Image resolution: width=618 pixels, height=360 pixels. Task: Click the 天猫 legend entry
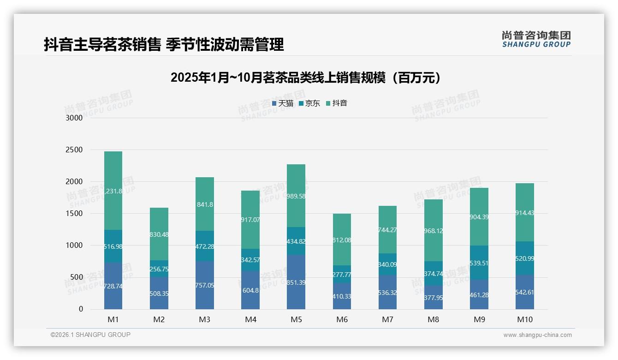(x=283, y=103)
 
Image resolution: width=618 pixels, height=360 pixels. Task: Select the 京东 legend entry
(x=309, y=103)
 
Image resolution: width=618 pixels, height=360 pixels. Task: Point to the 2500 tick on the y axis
(x=74, y=150)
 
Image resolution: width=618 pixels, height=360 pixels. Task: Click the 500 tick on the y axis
(x=76, y=277)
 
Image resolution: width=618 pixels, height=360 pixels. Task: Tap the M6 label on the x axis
(x=342, y=319)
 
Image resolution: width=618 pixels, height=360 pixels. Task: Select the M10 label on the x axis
(x=524, y=319)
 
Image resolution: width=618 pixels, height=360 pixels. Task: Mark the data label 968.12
(x=433, y=231)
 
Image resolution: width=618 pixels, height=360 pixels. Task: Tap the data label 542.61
(x=524, y=292)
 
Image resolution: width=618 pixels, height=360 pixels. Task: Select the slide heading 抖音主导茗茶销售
(x=164, y=45)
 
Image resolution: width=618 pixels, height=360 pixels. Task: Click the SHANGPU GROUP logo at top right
(x=536, y=39)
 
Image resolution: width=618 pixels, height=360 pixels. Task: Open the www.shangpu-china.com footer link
(x=537, y=335)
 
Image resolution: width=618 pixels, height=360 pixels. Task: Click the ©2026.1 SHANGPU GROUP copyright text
(x=90, y=335)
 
